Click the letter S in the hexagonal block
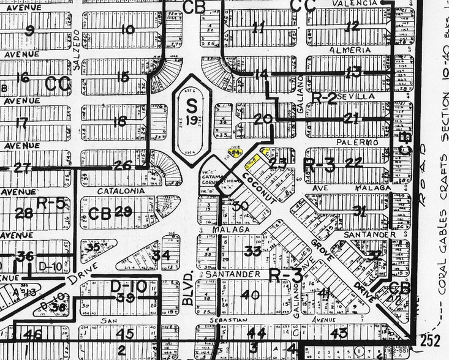tap(191, 105)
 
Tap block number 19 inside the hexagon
tap(192, 121)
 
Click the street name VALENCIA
tap(352, 3)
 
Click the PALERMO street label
tap(349, 142)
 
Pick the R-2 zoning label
tap(324, 97)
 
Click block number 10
tap(127, 29)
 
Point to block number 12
tap(352, 26)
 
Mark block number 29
tap(123, 212)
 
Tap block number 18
tap(119, 121)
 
